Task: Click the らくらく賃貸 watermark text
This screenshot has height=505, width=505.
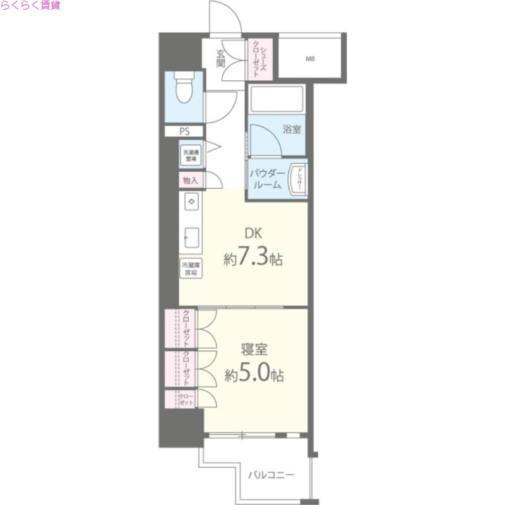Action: pyautogui.click(x=30, y=6)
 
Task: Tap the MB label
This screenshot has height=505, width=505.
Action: pyautogui.click(x=310, y=59)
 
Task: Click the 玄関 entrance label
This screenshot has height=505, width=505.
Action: pyautogui.click(x=221, y=57)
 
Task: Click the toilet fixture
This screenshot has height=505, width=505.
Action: pyautogui.click(x=184, y=89)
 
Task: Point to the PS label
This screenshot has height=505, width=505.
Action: pyautogui.click(x=184, y=132)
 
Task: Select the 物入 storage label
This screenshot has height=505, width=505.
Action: pyautogui.click(x=190, y=181)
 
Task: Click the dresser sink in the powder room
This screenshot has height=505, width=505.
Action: pyautogui.click(x=297, y=177)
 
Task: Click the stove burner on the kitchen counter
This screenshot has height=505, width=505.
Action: pyautogui.click(x=192, y=201)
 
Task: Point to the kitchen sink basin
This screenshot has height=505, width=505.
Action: pyautogui.click(x=191, y=238)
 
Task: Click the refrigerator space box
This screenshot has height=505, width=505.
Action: pyautogui.click(x=191, y=268)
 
